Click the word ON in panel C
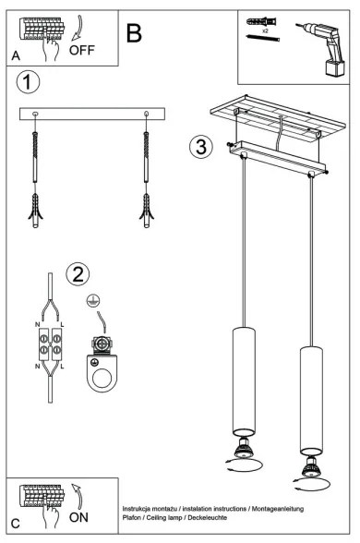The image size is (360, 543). click(x=79, y=520)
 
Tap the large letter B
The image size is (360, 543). click(x=134, y=34)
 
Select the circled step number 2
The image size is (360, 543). click(x=78, y=272)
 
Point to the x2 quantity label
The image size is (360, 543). click(x=264, y=31)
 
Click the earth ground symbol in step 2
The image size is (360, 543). click(x=91, y=302)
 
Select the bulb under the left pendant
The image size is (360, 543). click(x=244, y=452)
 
